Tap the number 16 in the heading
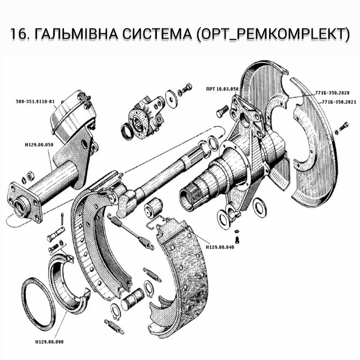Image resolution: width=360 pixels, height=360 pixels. (19, 33)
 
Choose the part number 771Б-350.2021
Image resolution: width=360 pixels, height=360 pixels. (337, 102)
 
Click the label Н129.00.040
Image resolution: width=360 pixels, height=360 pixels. (219, 248)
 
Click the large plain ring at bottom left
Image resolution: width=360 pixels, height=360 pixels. (38, 304)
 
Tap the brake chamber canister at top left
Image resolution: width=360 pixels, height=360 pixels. (70, 116)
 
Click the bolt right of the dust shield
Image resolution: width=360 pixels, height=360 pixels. (342, 129)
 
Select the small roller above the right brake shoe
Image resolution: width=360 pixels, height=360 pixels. (155, 206)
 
